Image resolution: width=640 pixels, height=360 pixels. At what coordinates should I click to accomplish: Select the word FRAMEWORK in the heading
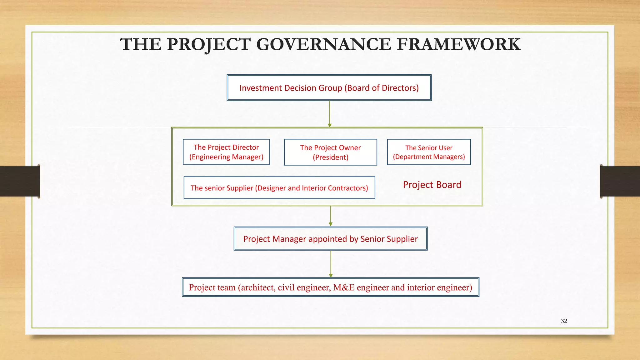[458, 44]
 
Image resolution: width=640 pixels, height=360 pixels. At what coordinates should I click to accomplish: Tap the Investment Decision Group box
[329, 88]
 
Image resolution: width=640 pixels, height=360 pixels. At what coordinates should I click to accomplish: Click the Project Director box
[226, 152]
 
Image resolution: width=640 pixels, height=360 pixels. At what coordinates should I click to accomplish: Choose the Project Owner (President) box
[330, 152]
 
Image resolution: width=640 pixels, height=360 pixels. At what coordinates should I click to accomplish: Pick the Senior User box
[429, 152]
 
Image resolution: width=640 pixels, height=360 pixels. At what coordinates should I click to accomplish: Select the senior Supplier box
[279, 188]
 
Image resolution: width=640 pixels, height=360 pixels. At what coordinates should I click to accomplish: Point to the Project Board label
[432, 185]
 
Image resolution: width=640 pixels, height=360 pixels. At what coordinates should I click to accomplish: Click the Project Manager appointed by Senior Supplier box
[330, 239]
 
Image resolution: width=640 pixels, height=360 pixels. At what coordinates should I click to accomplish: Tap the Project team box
[330, 287]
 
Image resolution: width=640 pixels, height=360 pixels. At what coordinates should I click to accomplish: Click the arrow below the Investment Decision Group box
[330, 114]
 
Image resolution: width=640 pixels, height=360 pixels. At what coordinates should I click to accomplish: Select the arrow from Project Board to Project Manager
[331, 216]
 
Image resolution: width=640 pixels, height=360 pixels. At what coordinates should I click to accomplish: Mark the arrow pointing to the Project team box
[331, 264]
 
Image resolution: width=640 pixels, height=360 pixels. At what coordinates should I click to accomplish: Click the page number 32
[564, 321]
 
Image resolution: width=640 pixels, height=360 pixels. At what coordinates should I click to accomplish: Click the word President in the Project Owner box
[330, 157]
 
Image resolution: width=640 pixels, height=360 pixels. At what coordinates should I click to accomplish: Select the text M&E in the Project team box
[344, 287]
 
